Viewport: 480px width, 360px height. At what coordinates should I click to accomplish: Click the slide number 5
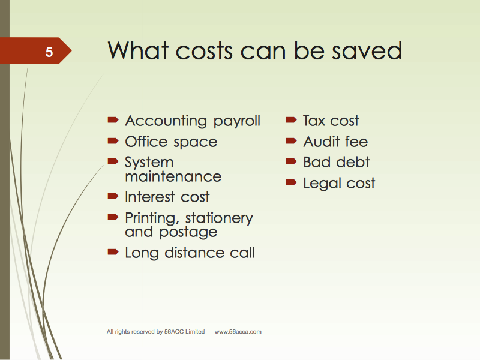49,52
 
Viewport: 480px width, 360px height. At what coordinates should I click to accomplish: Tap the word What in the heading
138,50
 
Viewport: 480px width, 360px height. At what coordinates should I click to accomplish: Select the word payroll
236,122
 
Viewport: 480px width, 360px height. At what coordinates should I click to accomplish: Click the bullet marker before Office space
113,141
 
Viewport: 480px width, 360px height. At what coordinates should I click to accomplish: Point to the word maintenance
173,176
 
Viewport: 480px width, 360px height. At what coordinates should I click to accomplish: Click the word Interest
150,197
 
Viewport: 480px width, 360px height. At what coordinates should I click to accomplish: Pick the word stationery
219,219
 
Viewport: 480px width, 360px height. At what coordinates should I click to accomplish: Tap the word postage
188,233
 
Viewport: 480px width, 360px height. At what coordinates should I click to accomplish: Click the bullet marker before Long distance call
113,252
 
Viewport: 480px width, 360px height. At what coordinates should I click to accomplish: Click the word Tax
314,121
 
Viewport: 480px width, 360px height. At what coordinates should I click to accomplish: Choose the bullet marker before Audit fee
291,141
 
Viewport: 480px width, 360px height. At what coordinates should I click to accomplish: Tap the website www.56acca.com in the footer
238,332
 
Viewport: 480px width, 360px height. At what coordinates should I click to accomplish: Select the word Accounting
166,122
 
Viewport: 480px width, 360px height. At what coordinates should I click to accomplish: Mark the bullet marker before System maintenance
113,161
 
